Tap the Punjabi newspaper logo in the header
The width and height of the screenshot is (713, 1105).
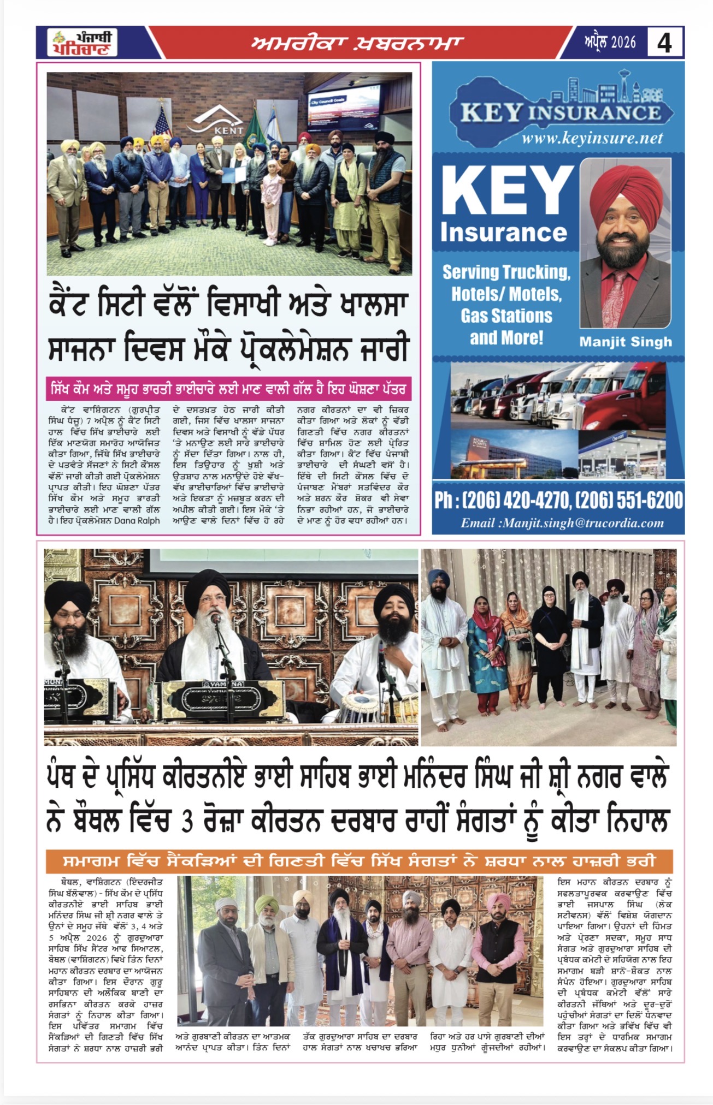point(82,43)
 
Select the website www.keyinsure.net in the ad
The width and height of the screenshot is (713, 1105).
point(592,139)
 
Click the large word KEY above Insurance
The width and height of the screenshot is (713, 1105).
point(507,191)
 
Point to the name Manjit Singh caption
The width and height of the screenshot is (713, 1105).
point(626,342)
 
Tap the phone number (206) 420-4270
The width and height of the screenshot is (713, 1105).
point(516,500)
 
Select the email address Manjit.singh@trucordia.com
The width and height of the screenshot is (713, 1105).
point(562,523)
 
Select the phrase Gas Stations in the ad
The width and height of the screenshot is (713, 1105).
point(506,316)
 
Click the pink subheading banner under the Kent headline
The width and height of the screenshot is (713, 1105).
point(228,389)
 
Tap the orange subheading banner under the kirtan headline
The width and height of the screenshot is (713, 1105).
point(359,861)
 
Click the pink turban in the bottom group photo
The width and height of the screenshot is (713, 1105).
point(497,901)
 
